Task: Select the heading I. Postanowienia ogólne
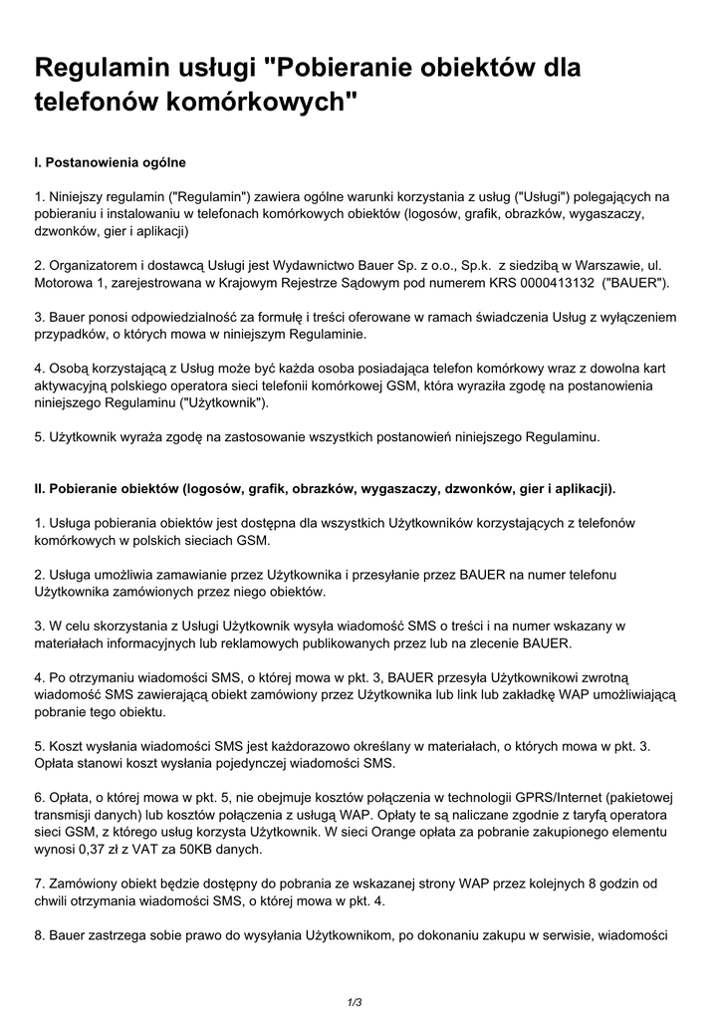(x=110, y=161)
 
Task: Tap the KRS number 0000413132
(x=555, y=283)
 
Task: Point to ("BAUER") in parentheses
(x=635, y=283)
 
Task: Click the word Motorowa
(x=65, y=283)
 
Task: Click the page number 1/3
(x=354, y=1001)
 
